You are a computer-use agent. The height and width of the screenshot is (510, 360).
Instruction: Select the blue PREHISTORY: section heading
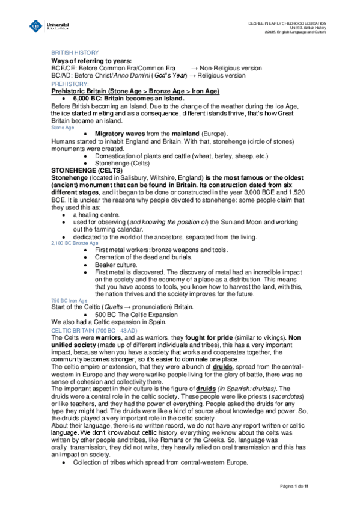pyautogui.click(x=70, y=84)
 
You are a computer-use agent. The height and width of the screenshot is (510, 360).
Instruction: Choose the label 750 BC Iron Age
pyautogui.click(x=69, y=300)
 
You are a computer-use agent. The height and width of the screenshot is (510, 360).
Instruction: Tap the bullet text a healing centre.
pyautogui.click(x=96, y=214)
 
